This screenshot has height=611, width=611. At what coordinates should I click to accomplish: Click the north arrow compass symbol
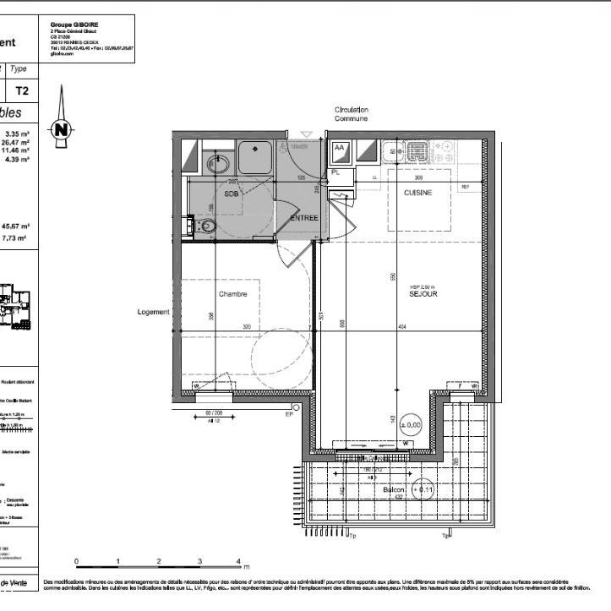click(x=61, y=128)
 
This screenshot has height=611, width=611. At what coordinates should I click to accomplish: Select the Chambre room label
click(x=232, y=294)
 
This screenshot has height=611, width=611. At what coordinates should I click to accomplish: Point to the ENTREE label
click(x=303, y=217)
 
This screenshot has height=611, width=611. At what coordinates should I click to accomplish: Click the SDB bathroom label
click(x=231, y=194)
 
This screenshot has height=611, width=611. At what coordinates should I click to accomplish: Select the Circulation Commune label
click(x=351, y=114)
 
